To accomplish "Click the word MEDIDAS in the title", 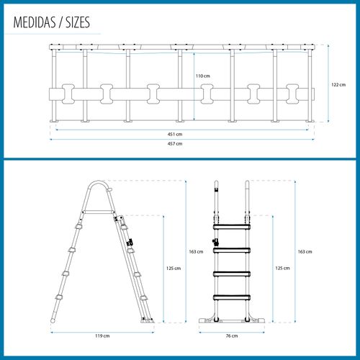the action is pos(35,22).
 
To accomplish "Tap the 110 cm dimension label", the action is pos(203,76).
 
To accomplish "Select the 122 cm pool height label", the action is pos(338,85).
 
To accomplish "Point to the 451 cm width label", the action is pos(175,134).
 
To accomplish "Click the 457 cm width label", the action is pos(175,144).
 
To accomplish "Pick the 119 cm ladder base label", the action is pos(102,336).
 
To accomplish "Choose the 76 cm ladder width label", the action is pos(232,336).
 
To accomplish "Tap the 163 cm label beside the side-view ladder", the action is pos(196,252).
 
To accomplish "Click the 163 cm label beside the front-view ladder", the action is pos(305,252).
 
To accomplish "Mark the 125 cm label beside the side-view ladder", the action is pos(174,269).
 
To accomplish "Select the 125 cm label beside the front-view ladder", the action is pos(282,268).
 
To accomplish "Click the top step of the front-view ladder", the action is pos(232,227).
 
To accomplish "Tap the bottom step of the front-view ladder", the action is pos(232,297).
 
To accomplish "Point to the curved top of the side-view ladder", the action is pos(97,182).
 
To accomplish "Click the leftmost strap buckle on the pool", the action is pos(68,94).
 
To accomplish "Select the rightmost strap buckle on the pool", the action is pos(292,94).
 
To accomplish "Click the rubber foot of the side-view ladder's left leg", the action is pos(53,320).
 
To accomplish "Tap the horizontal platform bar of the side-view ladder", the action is pos(98,212).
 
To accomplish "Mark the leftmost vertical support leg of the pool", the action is pos(54,86).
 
